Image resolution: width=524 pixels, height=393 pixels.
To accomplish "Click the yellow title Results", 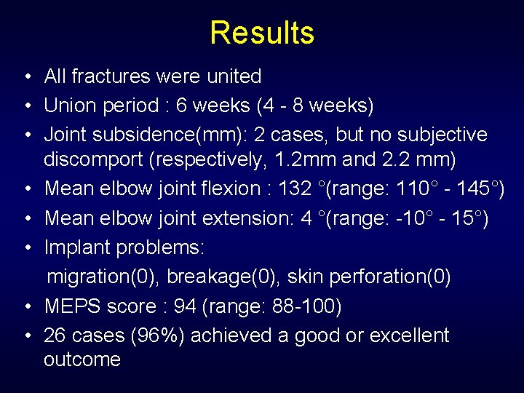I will pos(262,33).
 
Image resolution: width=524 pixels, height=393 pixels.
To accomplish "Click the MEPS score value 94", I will pos(185,306).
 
